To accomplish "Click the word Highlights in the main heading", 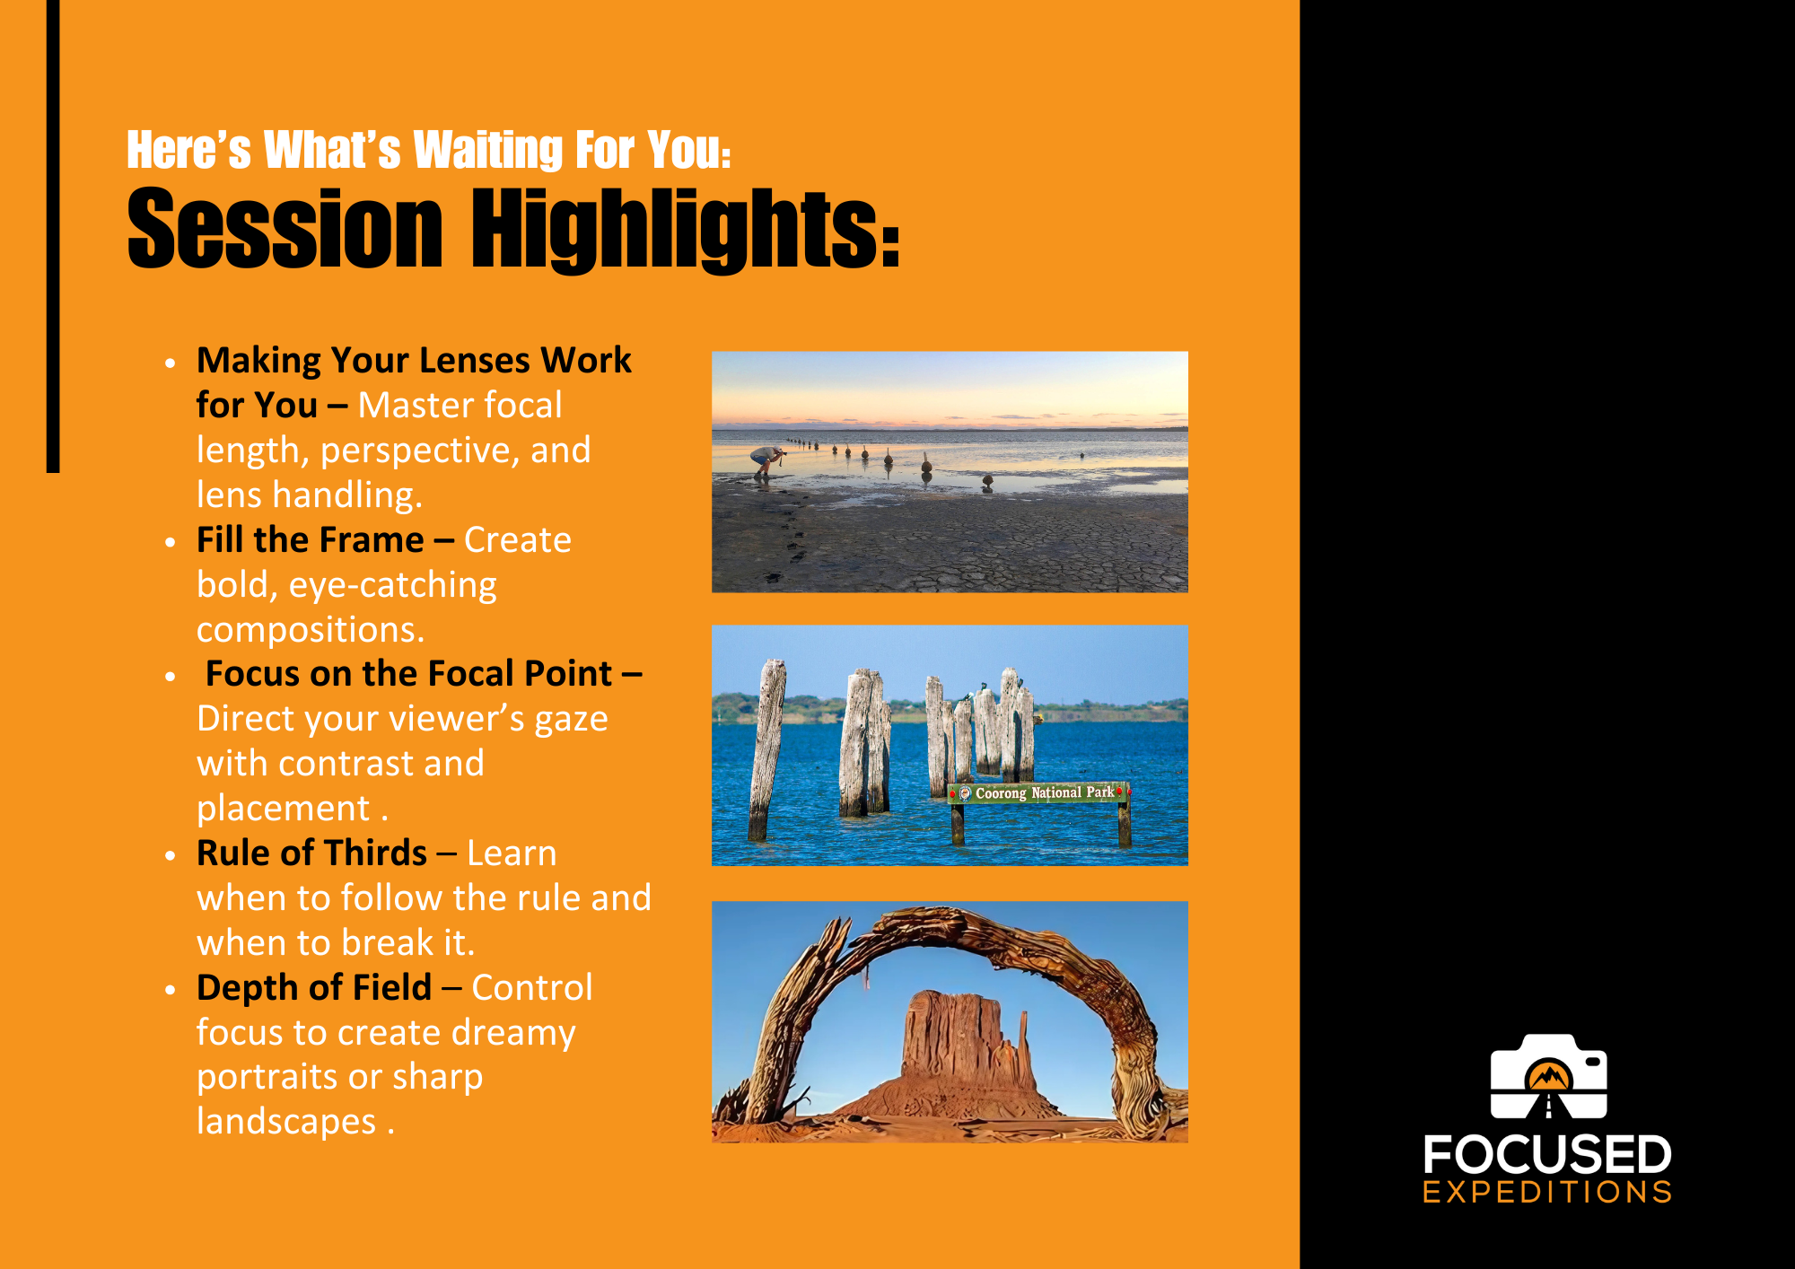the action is coord(686,230).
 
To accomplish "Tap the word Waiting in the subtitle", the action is coord(487,150).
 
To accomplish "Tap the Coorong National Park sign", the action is coord(1038,792).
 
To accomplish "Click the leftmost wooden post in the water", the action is coord(767,749).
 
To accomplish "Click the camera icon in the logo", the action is coord(1548,1076).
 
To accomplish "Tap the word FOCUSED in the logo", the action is coord(1547,1154).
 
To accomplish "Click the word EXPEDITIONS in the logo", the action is coord(1547,1192).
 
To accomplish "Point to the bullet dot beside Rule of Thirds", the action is coord(171,855).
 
